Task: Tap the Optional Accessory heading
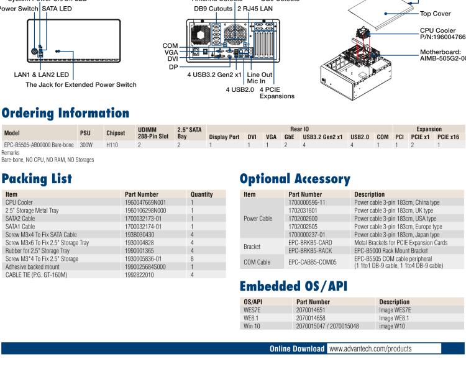coord(295,180)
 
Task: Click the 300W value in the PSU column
coord(86,144)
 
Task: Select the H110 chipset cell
coord(112,144)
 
